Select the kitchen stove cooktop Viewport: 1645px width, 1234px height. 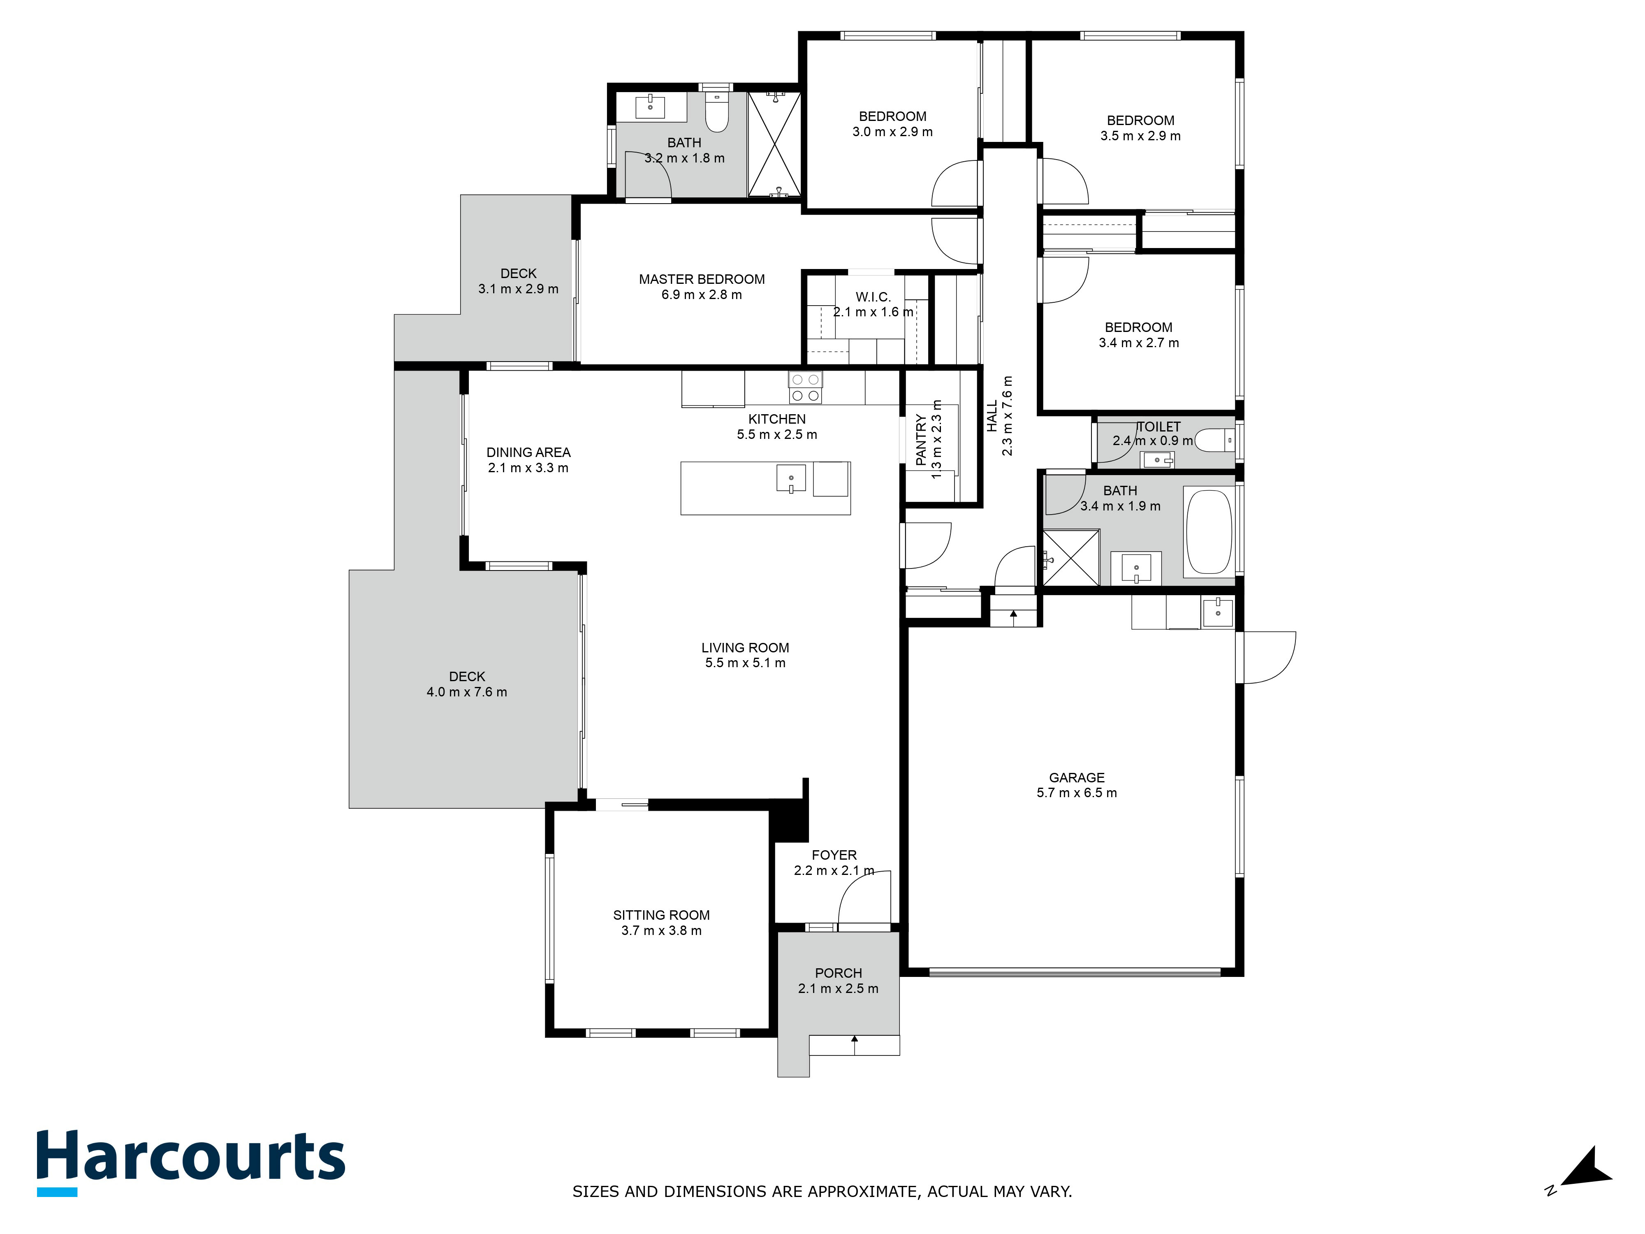pos(805,387)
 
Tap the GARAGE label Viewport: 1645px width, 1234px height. pos(1077,777)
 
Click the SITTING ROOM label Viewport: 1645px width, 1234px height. pos(661,915)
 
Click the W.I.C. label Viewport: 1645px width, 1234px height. pos(873,297)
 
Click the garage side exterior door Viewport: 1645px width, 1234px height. pos(1269,658)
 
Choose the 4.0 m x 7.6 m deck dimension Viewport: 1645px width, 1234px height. pos(467,692)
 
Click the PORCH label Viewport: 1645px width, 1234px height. pos(838,973)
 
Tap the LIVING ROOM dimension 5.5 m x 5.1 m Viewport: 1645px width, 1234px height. pos(745,663)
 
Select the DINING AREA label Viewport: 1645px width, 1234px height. pos(529,452)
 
